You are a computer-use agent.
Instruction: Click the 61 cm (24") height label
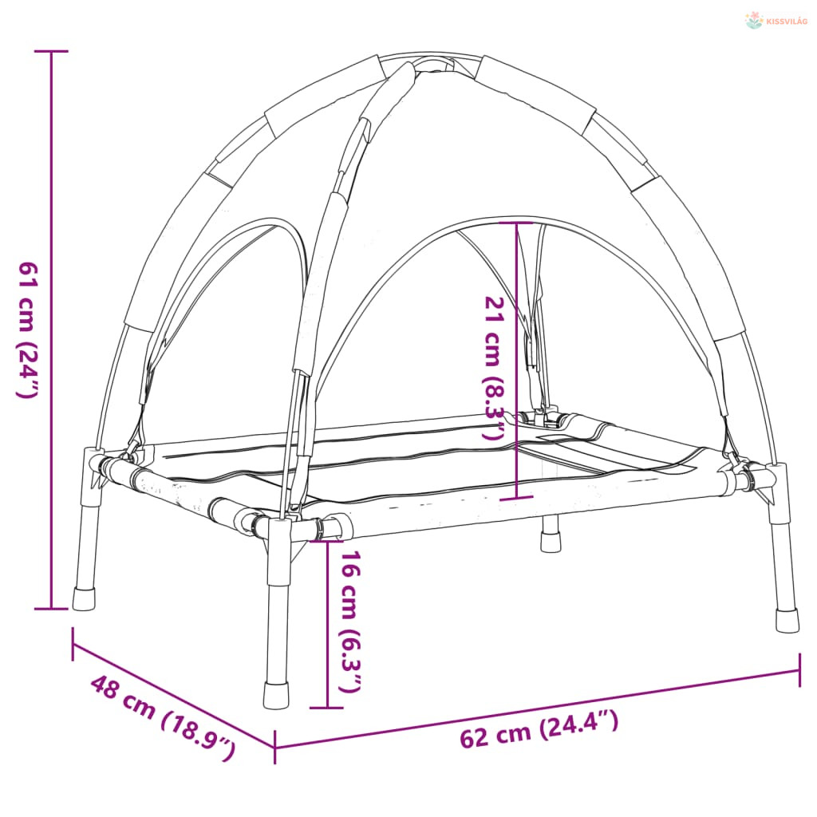coord(28,330)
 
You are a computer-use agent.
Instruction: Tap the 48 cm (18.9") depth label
coord(163,717)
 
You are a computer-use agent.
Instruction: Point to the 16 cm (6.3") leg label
coord(350,622)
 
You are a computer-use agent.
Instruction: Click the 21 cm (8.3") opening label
coord(495,368)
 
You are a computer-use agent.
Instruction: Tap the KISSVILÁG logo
coord(776,21)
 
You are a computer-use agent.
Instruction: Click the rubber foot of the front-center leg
coord(276,695)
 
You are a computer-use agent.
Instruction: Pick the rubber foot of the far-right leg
coord(787,620)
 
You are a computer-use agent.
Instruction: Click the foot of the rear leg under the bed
coord(551,542)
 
